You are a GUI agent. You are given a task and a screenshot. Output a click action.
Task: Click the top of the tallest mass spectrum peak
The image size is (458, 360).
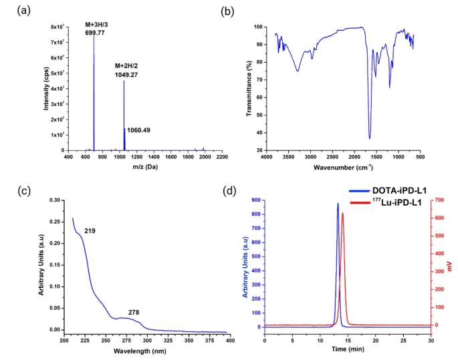[94, 35]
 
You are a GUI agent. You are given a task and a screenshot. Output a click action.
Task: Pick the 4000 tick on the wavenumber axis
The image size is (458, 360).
[266, 157]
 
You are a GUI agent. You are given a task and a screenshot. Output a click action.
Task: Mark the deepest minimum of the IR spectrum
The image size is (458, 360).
[369, 138]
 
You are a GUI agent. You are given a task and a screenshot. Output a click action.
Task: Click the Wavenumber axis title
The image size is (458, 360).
[348, 166]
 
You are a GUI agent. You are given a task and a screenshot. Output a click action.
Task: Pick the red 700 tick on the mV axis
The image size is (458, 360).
[437, 200]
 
